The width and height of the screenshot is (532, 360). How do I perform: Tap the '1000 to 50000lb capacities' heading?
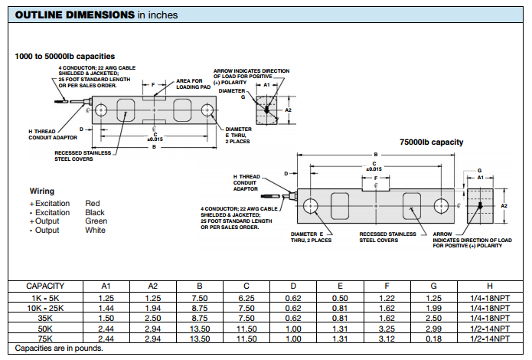tap(64, 56)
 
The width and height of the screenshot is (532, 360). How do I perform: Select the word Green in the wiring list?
tap(95, 221)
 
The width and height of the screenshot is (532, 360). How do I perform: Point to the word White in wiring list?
tap(95, 230)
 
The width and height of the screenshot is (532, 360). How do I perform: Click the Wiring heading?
tap(42, 190)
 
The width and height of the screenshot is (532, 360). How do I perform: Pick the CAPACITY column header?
tap(44, 286)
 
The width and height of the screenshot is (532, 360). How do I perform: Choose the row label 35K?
tap(44, 317)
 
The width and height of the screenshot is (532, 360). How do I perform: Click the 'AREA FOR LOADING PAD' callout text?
tap(189, 83)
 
